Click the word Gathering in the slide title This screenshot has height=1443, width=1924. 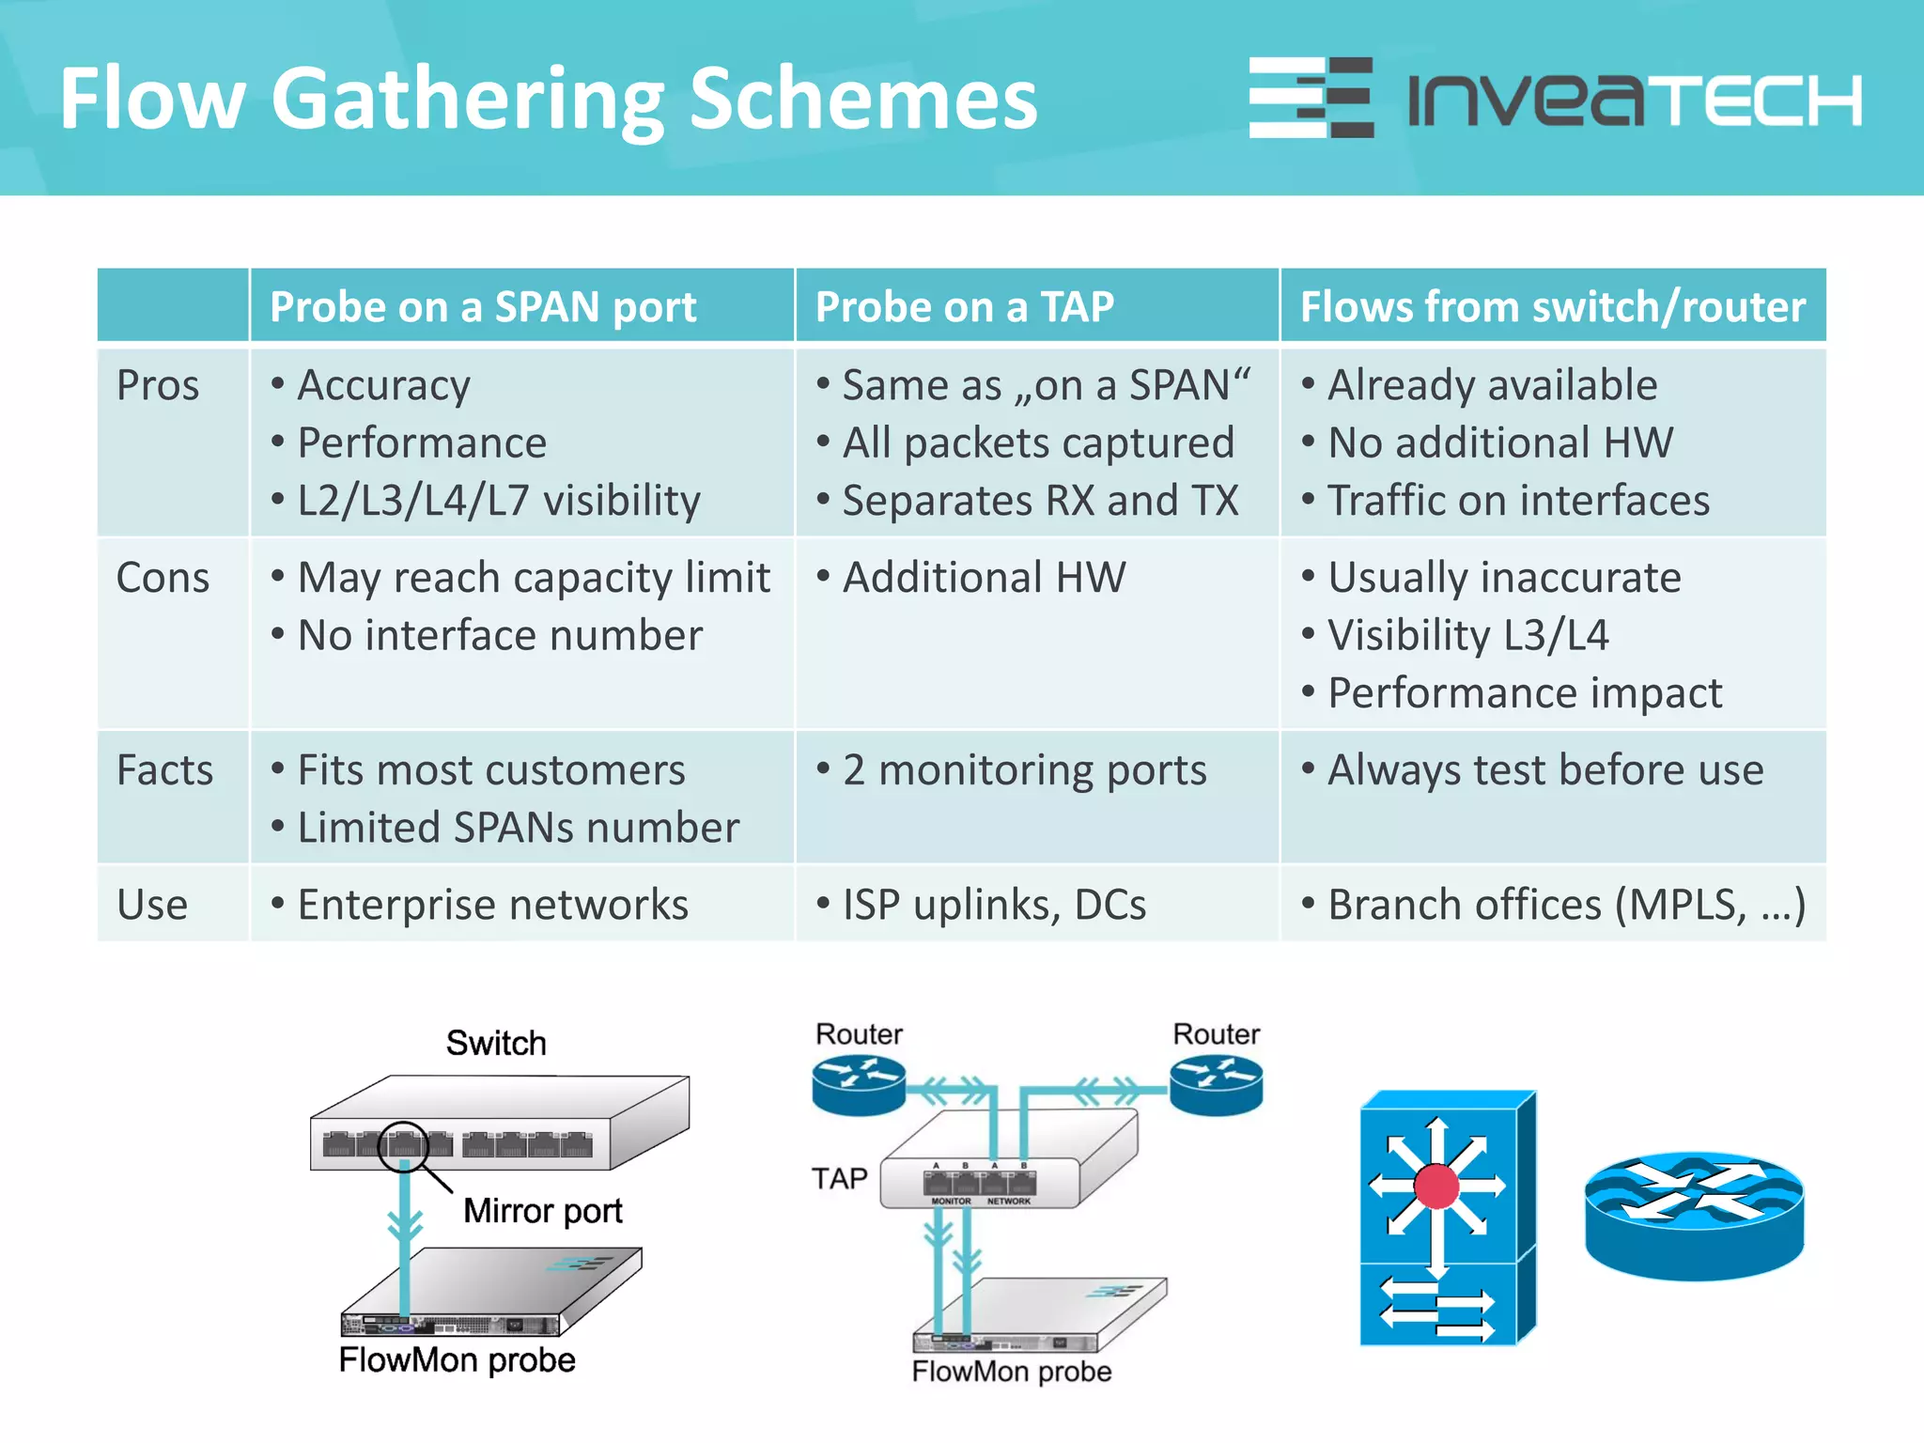click(468, 100)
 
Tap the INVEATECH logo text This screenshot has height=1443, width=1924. click(1635, 100)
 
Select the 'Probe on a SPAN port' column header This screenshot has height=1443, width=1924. click(483, 307)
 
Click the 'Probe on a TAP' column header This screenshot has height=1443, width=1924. click(964, 307)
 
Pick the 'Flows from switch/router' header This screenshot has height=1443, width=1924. click(1552, 307)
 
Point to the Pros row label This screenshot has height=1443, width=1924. click(158, 385)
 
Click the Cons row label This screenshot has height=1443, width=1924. click(163, 577)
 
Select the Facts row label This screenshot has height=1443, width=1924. click(164, 769)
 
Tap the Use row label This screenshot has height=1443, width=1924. click(152, 905)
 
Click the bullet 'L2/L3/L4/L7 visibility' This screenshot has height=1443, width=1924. click(498, 501)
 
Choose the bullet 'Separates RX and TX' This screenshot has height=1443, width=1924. click(1040, 501)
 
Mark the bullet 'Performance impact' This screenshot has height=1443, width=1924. click(1524, 693)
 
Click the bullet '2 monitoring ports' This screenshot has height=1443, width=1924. click(1023, 770)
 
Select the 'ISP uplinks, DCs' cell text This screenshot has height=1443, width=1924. click(994, 905)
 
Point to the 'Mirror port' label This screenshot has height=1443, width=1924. click(542, 1211)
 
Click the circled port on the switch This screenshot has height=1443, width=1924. click(403, 1145)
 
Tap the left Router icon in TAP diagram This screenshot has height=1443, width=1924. click(859, 1084)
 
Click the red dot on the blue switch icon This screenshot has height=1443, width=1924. click(1435, 1186)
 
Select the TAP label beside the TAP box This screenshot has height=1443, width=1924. click(839, 1178)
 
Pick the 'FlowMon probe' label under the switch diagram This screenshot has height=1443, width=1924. click(457, 1359)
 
